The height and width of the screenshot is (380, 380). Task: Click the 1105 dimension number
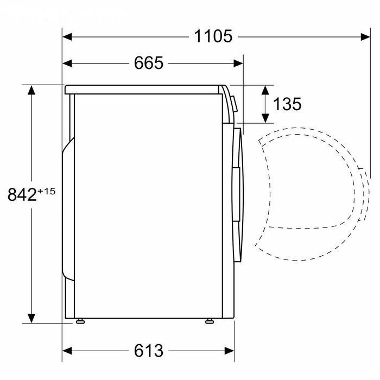click(213, 36)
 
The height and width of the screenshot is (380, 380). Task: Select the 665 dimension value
click(149, 63)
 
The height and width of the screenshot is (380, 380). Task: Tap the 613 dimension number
click(149, 351)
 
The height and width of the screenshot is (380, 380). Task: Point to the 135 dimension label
click(287, 104)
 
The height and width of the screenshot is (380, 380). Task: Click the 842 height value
click(22, 194)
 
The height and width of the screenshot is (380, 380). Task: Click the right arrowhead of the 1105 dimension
click(365, 37)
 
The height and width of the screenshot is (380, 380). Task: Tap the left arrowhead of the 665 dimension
click(67, 64)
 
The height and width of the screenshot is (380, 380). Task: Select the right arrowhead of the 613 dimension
click(229, 351)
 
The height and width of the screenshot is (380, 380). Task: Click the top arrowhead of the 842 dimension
click(31, 90)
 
